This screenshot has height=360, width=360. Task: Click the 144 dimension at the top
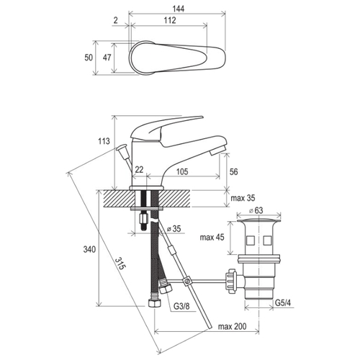tap(179, 9)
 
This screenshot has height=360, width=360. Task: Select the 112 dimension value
tap(170, 20)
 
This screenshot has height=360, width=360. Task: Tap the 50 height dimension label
tap(89, 58)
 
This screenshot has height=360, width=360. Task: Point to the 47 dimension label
tap(107, 58)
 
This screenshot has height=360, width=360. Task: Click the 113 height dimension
tap(104, 141)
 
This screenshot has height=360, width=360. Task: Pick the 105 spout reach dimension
tap(182, 171)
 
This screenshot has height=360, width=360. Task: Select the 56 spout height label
tap(233, 172)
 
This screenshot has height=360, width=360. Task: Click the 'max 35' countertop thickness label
tap(243, 198)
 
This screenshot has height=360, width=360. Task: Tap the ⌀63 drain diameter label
tap(256, 210)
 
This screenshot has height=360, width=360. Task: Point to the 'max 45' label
tap(212, 238)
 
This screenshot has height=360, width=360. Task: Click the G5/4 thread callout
tap(283, 303)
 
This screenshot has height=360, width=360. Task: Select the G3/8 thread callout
tap(181, 306)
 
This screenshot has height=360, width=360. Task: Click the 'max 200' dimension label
tap(232, 326)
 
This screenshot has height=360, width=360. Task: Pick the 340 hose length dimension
tap(89, 250)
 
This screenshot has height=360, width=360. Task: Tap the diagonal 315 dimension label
tap(120, 264)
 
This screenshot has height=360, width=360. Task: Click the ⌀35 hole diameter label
tap(174, 229)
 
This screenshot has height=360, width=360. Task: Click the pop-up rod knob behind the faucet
tap(122, 149)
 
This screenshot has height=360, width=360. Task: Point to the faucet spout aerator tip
tap(217, 150)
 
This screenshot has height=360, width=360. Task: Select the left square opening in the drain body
tap(251, 240)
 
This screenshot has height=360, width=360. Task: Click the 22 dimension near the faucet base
tap(139, 170)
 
